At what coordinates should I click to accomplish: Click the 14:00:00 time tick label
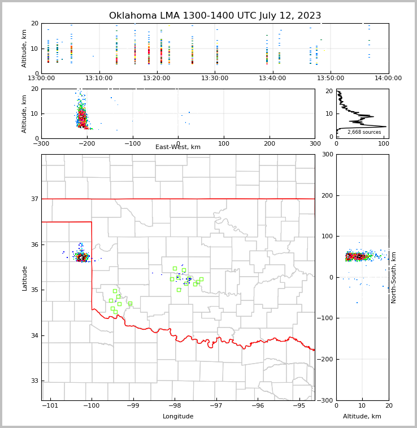388,78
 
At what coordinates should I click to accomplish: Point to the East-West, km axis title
178,147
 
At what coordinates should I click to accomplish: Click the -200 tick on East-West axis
86,143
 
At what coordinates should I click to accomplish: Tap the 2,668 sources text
364,132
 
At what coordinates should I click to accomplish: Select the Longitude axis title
178,417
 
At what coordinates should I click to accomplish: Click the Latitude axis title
24,278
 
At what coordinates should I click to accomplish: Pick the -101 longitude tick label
50,405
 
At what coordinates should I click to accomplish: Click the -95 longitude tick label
299,405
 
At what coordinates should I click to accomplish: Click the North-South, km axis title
394,277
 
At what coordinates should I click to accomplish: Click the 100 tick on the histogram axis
384,143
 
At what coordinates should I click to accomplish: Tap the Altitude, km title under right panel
362,417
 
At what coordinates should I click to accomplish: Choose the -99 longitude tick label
133,405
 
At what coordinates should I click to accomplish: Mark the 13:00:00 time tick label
42,78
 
